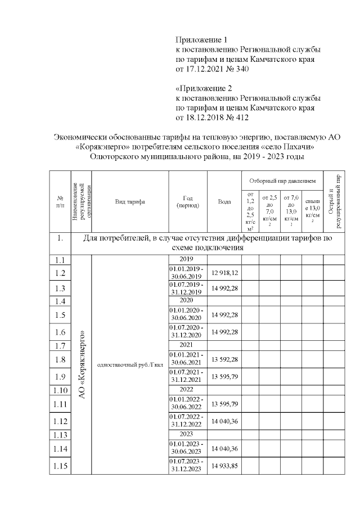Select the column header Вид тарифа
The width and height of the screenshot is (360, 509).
(130, 201)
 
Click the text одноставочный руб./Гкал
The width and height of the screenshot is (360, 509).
(130, 365)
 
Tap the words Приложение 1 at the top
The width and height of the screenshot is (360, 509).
(201, 40)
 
